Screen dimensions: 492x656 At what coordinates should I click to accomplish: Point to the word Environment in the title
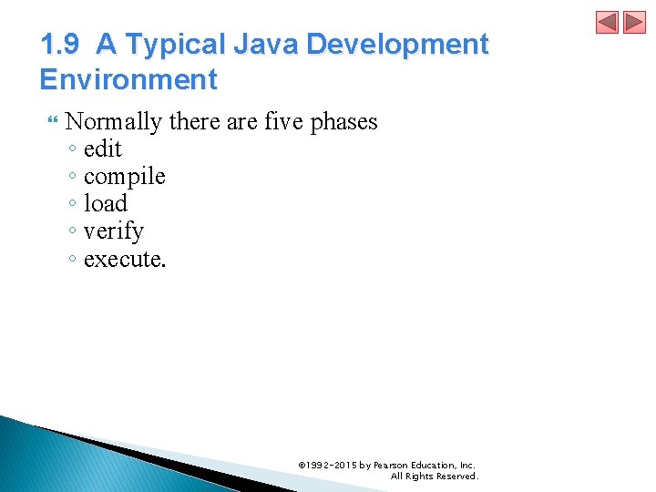128,79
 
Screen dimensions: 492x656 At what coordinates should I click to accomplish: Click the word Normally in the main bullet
113,121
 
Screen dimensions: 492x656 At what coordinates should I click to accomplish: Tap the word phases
343,121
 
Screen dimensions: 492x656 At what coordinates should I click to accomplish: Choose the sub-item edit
102,149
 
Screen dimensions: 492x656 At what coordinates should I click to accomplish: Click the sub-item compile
124,177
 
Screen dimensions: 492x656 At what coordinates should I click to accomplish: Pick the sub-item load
105,204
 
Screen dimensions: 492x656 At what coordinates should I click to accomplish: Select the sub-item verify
113,231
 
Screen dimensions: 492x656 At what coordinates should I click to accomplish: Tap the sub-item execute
125,259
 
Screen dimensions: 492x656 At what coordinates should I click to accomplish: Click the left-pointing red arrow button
607,22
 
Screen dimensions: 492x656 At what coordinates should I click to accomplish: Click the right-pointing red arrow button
634,22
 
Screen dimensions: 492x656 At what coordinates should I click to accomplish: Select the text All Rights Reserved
434,476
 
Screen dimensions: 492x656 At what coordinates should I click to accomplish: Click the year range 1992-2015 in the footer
332,465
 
